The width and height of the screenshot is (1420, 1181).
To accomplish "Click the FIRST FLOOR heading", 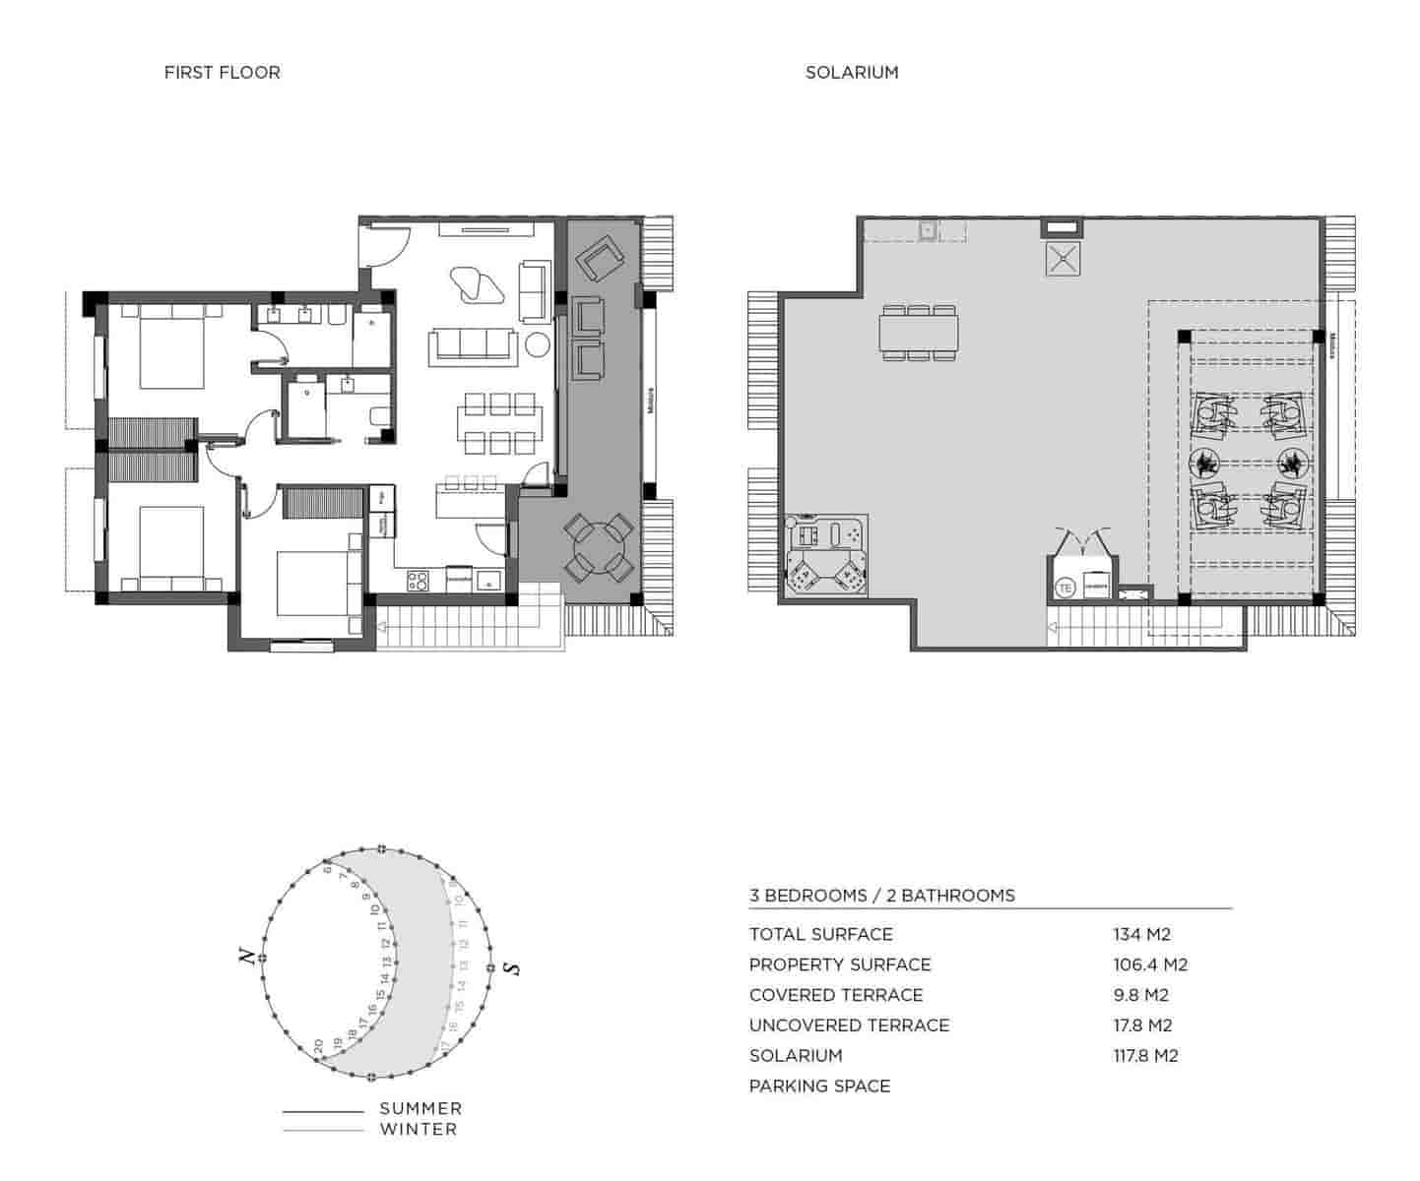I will (x=222, y=72).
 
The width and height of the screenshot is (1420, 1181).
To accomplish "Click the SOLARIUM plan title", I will (x=851, y=72).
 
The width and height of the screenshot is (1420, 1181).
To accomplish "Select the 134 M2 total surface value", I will (x=1141, y=934).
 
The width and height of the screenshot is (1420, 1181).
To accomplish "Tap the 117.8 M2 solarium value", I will (x=1145, y=1055).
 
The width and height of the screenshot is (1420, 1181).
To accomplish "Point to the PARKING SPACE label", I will (x=819, y=1086).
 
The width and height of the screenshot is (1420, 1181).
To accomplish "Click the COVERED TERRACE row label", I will (x=835, y=994).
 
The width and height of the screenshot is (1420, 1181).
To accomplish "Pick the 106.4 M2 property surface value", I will (x=1149, y=964).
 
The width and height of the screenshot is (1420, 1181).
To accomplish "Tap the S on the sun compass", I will (x=510, y=968).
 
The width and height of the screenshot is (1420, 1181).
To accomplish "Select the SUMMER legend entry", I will (x=420, y=1108).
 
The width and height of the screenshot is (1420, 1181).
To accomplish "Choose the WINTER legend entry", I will (x=419, y=1129).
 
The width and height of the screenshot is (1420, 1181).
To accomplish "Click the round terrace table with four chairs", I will (x=598, y=547).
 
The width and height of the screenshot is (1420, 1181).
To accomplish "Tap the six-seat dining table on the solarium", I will (x=919, y=333).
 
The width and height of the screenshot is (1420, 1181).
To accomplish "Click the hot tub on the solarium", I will (x=826, y=555).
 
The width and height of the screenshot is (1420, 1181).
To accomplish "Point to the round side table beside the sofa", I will (x=537, y=345).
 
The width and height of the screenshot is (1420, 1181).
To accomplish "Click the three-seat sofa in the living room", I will (x=473, y=346).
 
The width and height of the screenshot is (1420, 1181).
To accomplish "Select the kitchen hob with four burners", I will (x=418, y=581).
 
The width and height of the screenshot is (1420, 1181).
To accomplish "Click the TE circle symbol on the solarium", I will (x=1065, y=588).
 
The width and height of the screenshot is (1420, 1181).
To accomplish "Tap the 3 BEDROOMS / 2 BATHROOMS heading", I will (x=881, y=895).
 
